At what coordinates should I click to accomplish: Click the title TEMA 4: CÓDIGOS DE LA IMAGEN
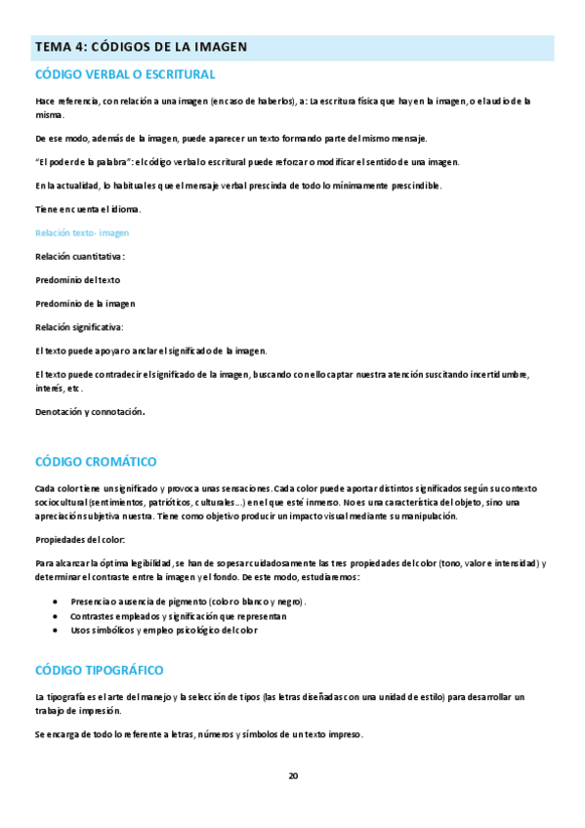click(141, 47)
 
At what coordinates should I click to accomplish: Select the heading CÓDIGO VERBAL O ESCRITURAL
click(125, 74)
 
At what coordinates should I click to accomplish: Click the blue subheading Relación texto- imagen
click(82, 232)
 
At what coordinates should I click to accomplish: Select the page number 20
click(293, 775)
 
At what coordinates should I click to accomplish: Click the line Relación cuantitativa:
click(80, 256)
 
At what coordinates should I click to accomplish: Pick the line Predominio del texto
click(78, 279)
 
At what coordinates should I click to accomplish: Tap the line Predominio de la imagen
click(85, 303)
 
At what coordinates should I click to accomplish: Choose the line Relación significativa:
click(79, 326)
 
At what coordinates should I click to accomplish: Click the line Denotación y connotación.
click(90, 411)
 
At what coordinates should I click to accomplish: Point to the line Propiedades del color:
click(80, 539)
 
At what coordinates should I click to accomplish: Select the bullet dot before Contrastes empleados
click(57, 616)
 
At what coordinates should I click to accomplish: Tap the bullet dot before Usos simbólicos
click(57, 630)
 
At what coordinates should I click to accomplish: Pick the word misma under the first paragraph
click(49, 114)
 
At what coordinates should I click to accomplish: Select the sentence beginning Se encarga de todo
click(199, 734)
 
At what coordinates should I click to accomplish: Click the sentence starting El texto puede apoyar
click(150, 350)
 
